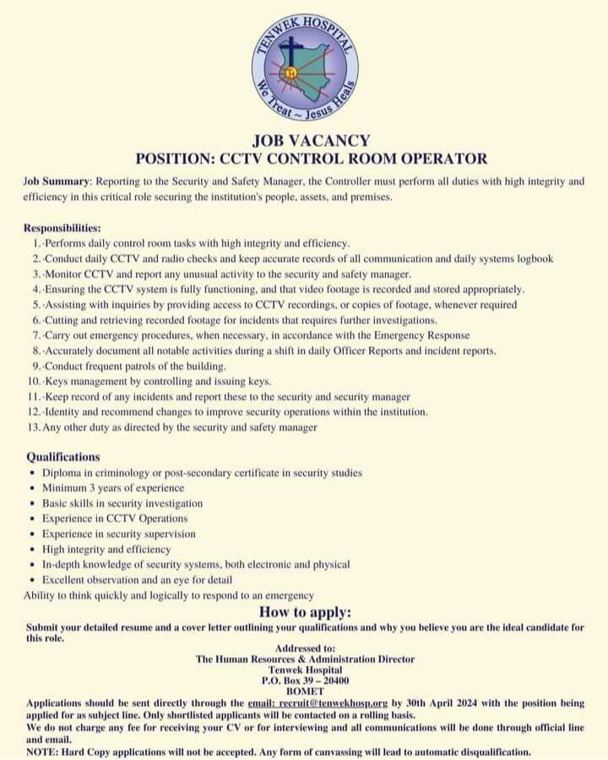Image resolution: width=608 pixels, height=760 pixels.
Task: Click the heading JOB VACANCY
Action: click(x=311, y=141)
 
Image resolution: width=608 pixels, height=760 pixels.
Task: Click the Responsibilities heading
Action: click(x=62, y=228)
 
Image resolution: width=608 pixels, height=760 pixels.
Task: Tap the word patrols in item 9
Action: click(x=149, y=366)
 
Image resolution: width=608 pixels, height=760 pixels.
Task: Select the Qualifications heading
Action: click(x=62, y=457)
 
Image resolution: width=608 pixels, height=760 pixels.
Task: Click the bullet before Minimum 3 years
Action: click(x=32, y=488)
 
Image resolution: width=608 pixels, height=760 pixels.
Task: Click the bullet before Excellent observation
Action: click(x=32, y=580)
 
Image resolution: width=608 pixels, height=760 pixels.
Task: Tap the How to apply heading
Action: click(x=305, y=612)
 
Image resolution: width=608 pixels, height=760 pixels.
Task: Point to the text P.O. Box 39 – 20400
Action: click(x=306, y=680)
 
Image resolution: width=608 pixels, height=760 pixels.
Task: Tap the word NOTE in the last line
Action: click(x=41, y=751)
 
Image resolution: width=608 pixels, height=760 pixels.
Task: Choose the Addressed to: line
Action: click(x=306, y=648)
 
